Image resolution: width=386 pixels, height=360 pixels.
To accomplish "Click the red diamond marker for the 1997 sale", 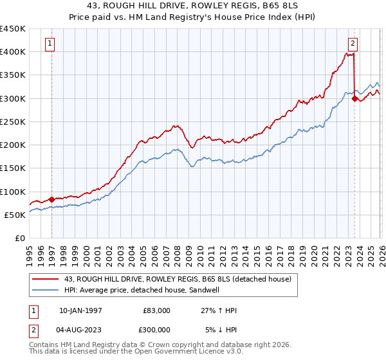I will [52, 199].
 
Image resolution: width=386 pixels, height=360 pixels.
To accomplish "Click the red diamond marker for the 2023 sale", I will [354, 98].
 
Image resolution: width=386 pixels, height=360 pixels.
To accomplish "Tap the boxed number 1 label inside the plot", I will [50, 44].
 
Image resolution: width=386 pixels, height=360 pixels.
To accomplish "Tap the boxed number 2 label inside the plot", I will [353, 44].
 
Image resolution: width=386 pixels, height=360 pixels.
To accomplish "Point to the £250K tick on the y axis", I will [13, 122].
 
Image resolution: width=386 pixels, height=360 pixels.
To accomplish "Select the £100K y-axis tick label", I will [13, 192].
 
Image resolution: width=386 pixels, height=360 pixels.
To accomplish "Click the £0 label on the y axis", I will [19, 238].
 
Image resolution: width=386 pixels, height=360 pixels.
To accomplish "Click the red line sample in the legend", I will [46, 279].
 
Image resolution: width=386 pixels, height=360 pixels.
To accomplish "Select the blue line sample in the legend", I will [46, 290].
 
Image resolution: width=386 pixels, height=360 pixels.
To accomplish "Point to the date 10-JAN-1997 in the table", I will [80, 310].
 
